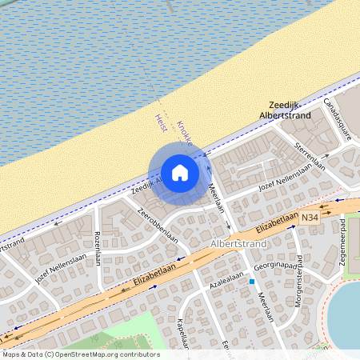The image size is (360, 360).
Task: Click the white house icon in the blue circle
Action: pyautogui.click(x=180, y=172)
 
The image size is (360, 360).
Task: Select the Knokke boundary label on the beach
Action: pyautogui.click(x=183, y=133)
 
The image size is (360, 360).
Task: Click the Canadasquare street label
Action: pyautogui.click(x=337, y=118)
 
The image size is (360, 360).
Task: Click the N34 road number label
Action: pyautogui.click(x=310, y=217)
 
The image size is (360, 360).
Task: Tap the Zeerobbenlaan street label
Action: pyautogui.click(x=157, y=225)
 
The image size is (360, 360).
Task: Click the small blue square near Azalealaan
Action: pyautogui.click(x=251, y=282)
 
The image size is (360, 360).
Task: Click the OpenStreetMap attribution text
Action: pyautogui.click(x=80, y=354)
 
